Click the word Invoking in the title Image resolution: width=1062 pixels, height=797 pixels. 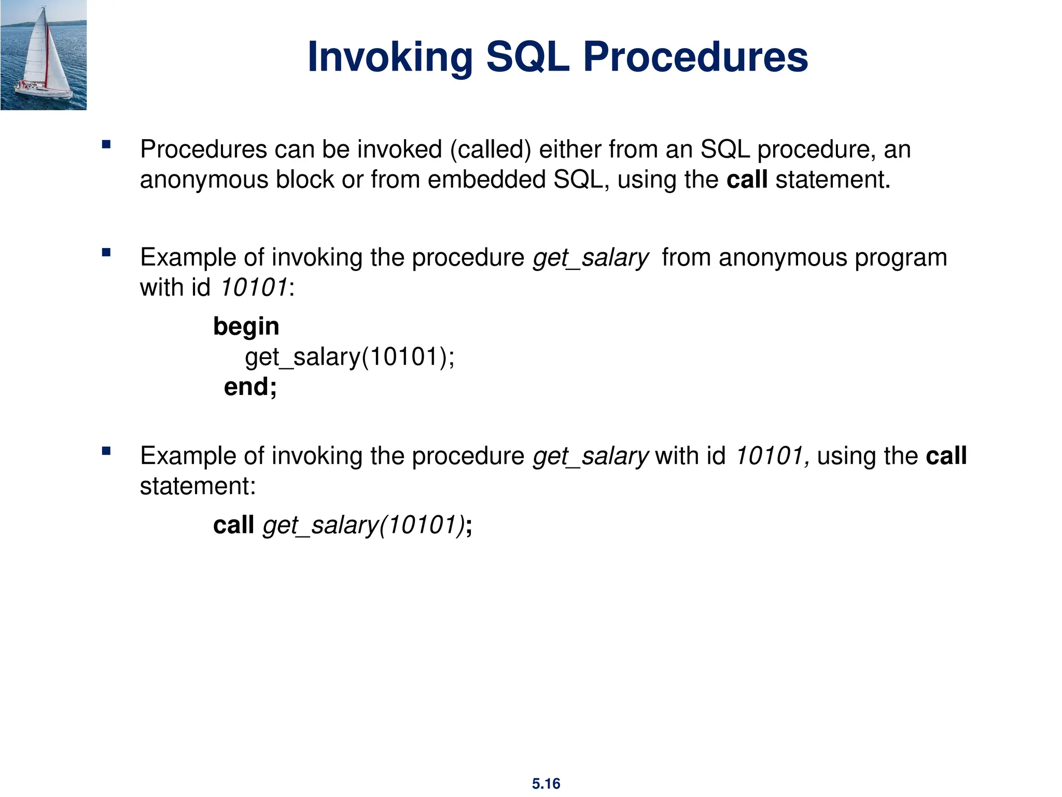(390, 57)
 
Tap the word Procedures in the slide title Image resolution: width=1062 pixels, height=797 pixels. (695, 57)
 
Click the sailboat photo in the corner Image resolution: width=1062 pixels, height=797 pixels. (44, 55)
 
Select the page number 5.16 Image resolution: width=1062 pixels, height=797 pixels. (546, 784)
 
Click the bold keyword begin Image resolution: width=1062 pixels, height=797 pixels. (246, 327)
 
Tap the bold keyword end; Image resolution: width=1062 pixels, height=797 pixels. (250, 387)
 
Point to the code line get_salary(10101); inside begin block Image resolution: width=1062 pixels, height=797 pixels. (350, 357)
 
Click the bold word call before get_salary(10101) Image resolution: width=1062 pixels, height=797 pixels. (233, 525)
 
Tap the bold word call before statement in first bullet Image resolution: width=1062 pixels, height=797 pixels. (747, 180)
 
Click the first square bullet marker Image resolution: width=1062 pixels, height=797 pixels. (106, 145)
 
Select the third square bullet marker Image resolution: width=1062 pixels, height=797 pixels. (106, 451)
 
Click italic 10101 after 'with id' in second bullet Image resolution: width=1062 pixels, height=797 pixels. (254, 287)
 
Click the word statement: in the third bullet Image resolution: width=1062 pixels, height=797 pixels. (198, 487)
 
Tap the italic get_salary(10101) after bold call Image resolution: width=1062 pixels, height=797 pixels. (364, 525)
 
